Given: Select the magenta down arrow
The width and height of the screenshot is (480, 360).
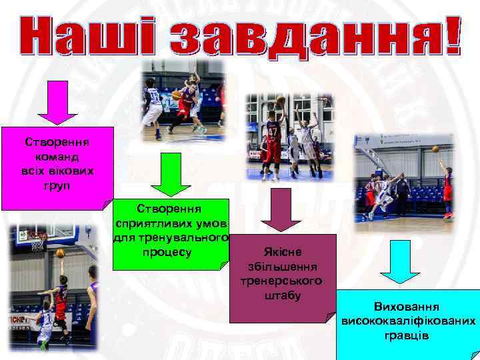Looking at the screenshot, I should pos(57,101).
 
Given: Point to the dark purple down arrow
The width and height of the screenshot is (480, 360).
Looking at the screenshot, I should pos(276,209).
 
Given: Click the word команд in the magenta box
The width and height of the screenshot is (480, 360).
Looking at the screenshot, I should pos(57,156).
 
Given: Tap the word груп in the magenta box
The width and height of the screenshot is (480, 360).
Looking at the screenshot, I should pos(57,184).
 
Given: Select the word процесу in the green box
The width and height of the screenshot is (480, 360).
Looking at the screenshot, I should pos(167,253).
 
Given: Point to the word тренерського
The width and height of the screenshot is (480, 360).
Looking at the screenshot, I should pos(283,281).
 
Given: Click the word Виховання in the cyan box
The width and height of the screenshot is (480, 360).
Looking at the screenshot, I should pos(407,307).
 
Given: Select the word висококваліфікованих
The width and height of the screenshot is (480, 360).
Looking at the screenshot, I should pos(409,321).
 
